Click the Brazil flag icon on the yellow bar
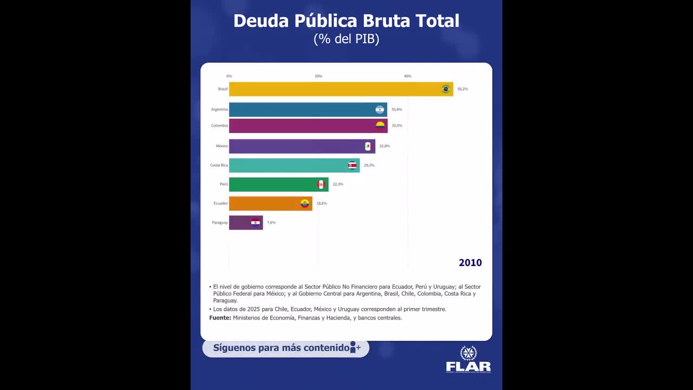coord(446,89)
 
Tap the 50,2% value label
coord(462,89)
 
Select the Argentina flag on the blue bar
coord(380,109)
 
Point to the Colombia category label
coord(219,126)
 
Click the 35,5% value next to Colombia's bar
coord(397,126)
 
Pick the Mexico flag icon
coord(368,146)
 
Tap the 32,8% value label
coord(384,146)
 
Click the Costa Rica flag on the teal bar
coord(352,165)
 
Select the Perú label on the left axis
coord(224,184)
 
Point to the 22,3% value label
coord(338,184)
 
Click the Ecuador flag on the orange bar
coord(305,204)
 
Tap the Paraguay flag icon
coord(255,222)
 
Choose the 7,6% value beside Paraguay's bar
coord(271,223)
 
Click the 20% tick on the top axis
coord(318,76)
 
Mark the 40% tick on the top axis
coord(408,76)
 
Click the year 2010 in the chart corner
coord(470,263)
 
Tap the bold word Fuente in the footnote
coord(220,318)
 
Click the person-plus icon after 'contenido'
coord(355,347)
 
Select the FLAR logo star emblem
coord(468,353)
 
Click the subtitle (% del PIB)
coord(346,39)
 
